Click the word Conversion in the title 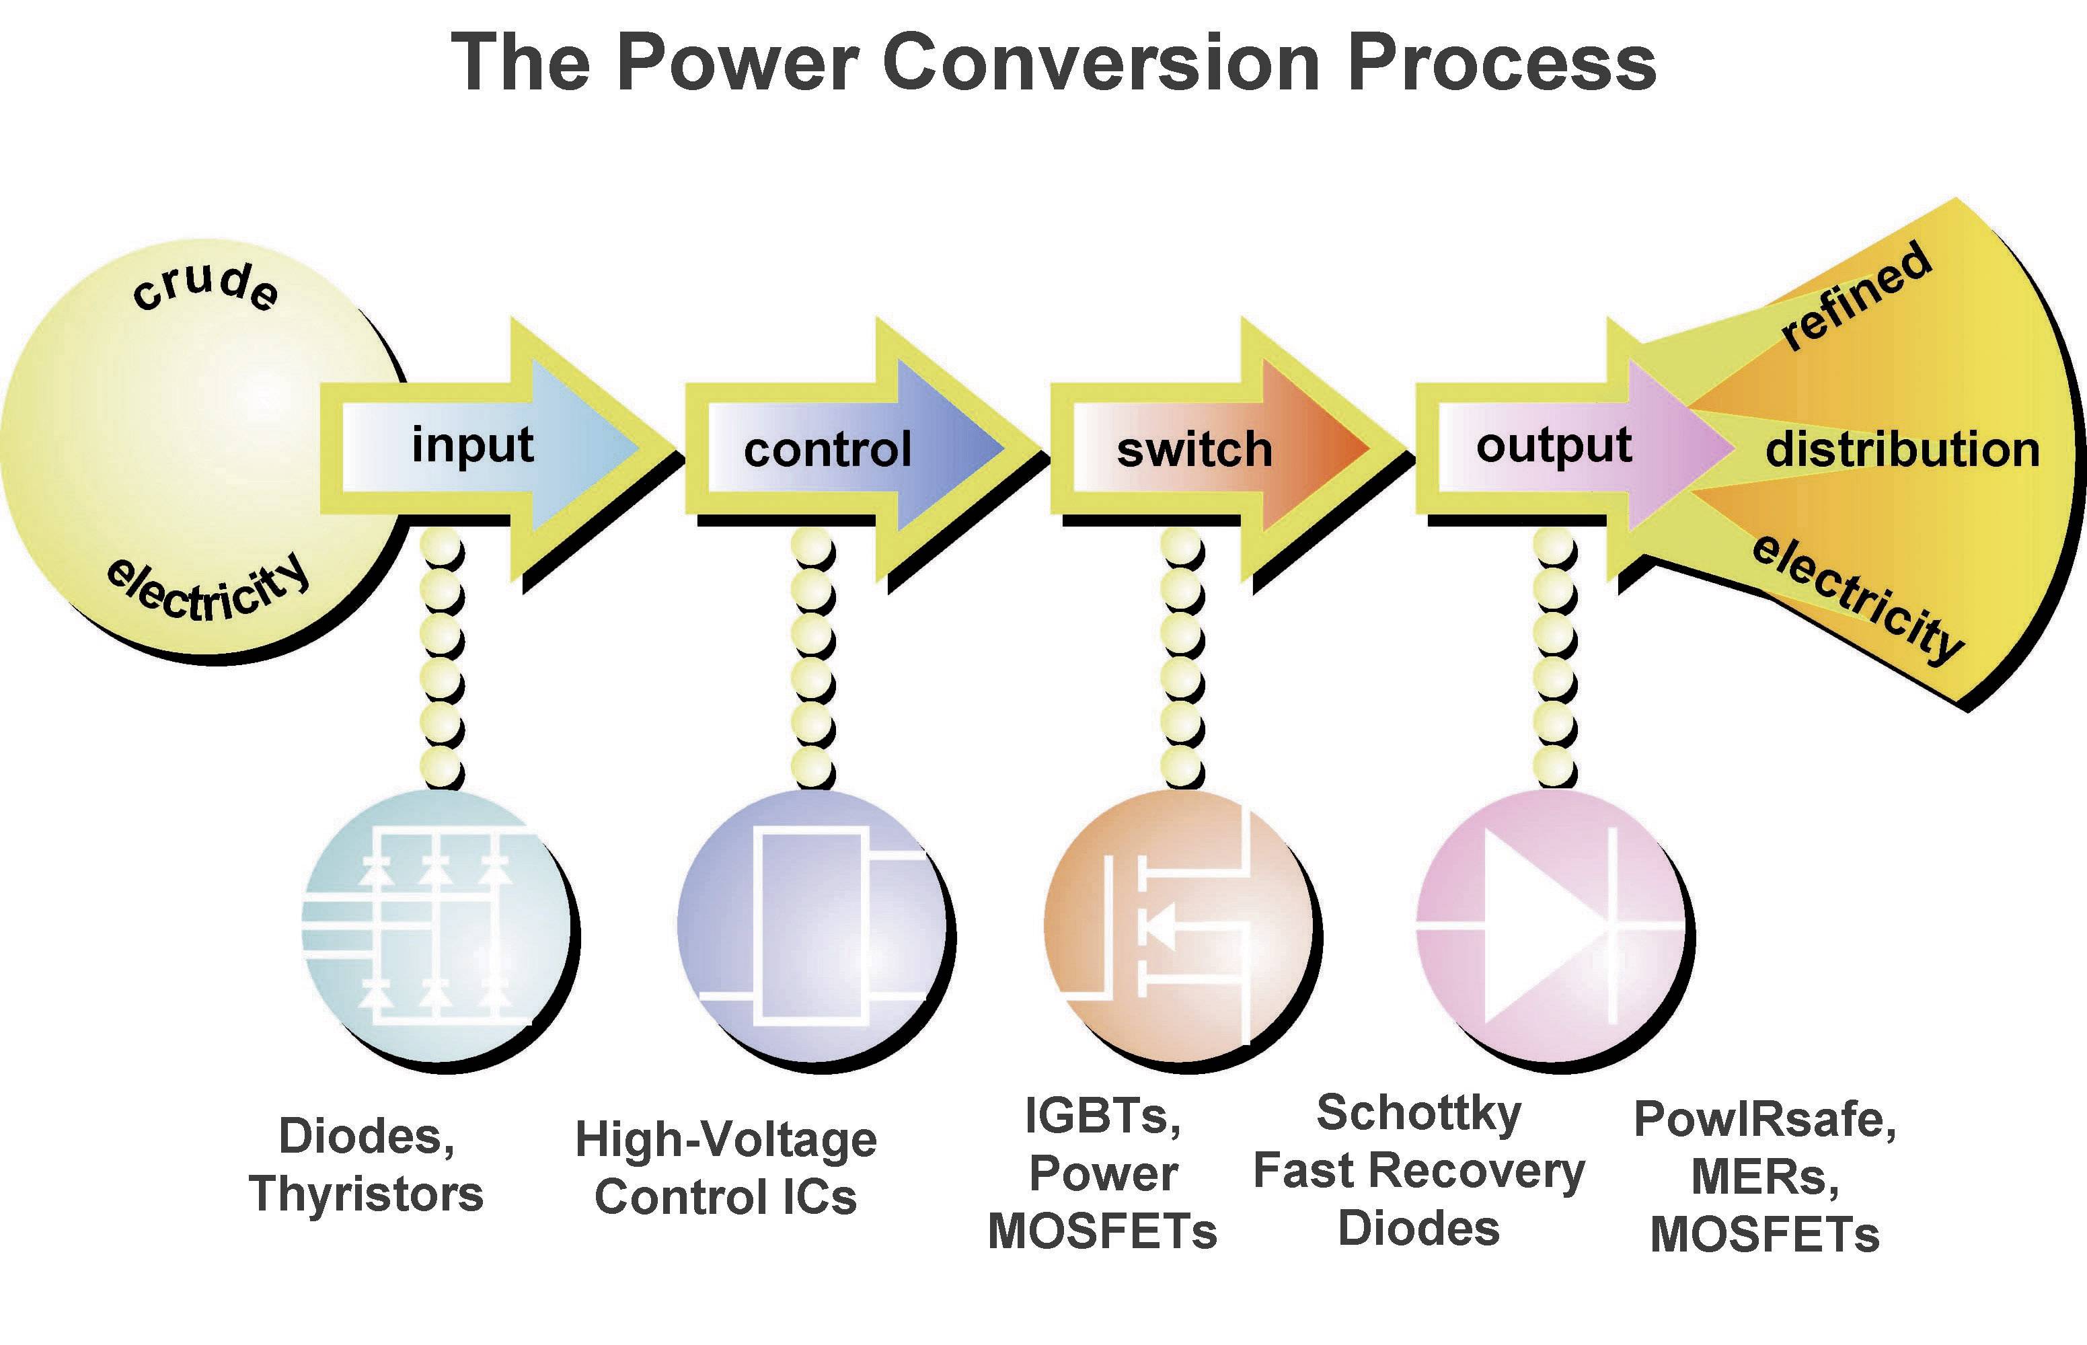point(1100,63)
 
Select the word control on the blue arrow point(827,450)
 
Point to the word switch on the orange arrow point(1194,450)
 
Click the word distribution point(1902,450)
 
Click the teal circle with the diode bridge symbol point(434,926)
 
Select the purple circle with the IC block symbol point(810,926)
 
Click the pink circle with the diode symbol point(1548,926)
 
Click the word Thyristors point(367,1193)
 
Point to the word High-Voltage point(726,1140)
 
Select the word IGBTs point(1103,1116)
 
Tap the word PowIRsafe point(1765,1120)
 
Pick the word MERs point(1765,1178)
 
